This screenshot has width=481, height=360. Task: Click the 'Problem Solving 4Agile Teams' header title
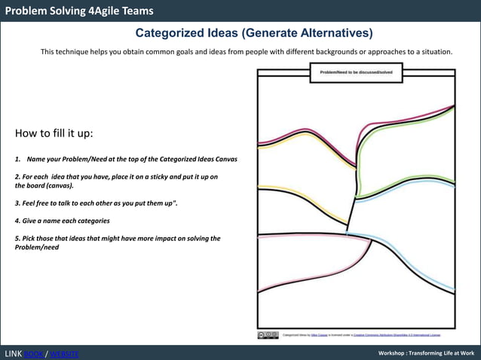tap(79, 11)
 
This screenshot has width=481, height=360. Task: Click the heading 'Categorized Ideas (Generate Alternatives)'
tap(254, 33)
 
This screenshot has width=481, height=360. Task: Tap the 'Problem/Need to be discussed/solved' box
tap(356, 72)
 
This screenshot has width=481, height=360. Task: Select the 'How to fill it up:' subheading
tap(54, 133)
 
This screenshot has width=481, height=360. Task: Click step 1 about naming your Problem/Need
tap(126, 160)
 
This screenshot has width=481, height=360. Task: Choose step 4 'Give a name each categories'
tap(62, 221)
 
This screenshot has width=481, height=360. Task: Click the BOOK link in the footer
tap(33, 354)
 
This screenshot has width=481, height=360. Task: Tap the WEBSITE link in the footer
tap(63, 354)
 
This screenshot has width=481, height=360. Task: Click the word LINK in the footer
tap(13, 354)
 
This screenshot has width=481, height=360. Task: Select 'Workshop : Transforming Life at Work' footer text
tap(426, 353)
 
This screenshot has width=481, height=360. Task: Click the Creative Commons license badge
tap(268, 335)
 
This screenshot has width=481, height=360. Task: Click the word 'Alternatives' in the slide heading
tap(333, 33)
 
